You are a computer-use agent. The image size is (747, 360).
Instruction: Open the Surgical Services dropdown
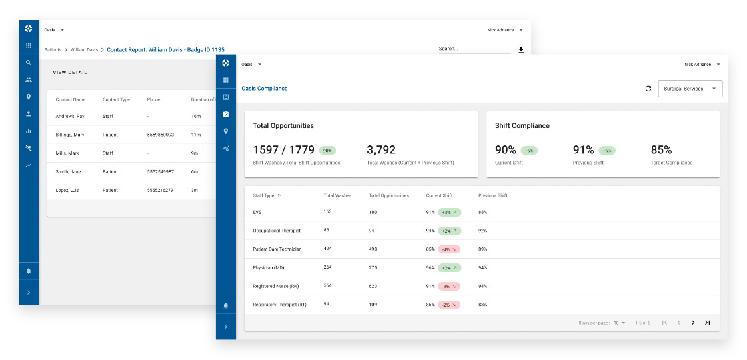click(690, 89)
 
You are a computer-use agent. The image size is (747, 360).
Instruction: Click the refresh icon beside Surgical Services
click(648, 89)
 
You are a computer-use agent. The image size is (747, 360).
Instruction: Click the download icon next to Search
click(521, 50)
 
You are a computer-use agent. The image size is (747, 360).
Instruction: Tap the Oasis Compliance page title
click(265, 89)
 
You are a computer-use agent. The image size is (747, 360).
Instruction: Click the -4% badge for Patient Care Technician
click(448, 249)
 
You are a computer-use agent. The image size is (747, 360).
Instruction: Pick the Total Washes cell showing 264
click(328, 267)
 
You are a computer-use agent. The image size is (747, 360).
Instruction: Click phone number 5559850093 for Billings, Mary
click(160, 135)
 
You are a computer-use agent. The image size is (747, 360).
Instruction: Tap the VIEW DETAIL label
click(70, 73)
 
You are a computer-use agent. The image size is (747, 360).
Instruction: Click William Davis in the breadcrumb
click(84, 50)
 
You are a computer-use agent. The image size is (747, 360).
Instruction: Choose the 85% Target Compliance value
click(661, 150)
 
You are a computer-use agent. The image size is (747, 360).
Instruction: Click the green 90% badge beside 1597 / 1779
click(327, 151)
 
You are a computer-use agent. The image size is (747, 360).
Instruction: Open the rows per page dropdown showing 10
click(619, 323)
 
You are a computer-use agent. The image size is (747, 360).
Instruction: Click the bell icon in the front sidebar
click(226, 305)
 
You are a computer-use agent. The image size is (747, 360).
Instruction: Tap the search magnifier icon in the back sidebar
click(29, 63)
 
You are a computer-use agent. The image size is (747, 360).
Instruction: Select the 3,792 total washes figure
click(381, 150)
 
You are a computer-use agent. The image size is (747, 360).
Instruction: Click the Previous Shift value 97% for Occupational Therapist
click(483, 231)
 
